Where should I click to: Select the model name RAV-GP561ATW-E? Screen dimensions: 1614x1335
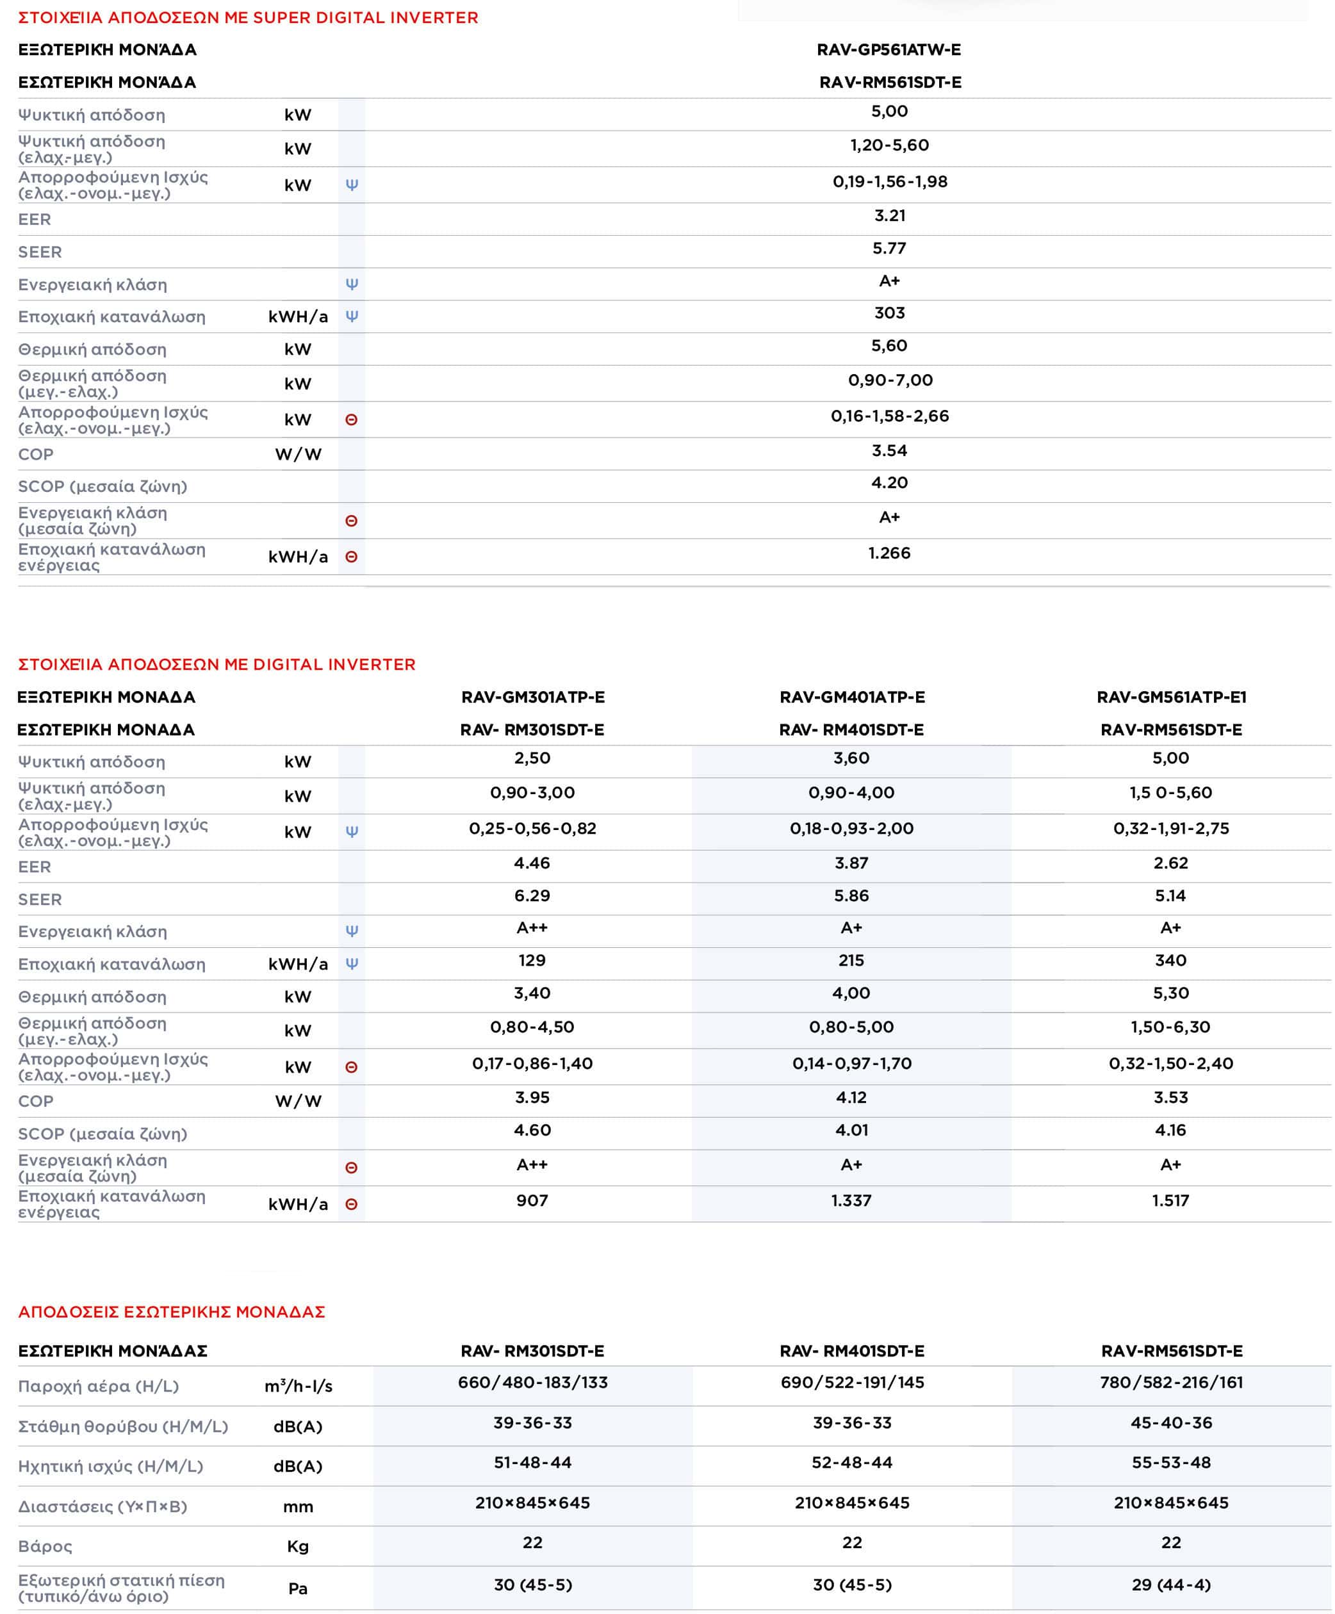point(889,50)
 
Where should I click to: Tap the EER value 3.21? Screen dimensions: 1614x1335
point(889,216)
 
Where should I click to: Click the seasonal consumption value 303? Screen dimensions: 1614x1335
point(889,313)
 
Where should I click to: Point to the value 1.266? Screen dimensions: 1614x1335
point(889,553)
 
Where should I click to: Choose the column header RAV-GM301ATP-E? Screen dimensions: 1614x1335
point(532,697)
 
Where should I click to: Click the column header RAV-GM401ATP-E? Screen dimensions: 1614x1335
point(851,697)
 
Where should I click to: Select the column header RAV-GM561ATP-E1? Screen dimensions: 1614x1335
point(1171,697)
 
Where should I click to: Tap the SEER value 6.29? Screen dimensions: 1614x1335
point(532,895)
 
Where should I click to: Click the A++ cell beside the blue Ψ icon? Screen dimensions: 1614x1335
point(532,927)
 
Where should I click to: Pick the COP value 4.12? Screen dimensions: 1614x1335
point(851,1098)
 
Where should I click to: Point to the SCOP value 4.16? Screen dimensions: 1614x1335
point(1170,1130)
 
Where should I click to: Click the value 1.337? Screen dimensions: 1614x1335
point(851,1200)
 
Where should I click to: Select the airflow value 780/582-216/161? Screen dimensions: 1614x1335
point(1171,1383)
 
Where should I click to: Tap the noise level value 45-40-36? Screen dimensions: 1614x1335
point(1171,1422)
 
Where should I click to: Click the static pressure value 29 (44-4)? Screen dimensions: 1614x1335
point(1171,1585)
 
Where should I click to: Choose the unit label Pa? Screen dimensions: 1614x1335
point(297,1588)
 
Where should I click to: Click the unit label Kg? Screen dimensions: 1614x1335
point(297,1546)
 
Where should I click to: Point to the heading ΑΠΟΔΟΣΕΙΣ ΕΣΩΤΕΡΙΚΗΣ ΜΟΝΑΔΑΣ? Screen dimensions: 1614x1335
point(172,1312)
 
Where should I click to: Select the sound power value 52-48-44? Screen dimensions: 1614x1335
point(851,1463)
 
